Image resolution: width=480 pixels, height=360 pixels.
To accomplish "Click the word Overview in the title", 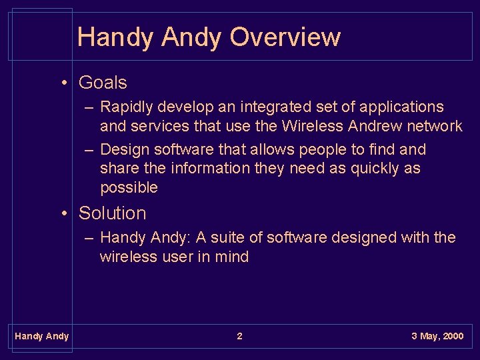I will coord(285,37).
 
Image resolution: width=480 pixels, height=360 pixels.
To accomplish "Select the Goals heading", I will coord(103,83).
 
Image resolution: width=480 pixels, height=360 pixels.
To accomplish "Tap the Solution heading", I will coord(112,213).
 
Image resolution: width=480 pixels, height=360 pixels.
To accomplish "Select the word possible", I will coord(129,187).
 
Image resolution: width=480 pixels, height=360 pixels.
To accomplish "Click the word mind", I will coord(232,257).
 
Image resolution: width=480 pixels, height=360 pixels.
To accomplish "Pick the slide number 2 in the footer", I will coord(240,336).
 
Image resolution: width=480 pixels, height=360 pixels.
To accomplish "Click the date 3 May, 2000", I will coord(437,336).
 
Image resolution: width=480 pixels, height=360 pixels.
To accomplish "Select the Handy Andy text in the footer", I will coord(41,336).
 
